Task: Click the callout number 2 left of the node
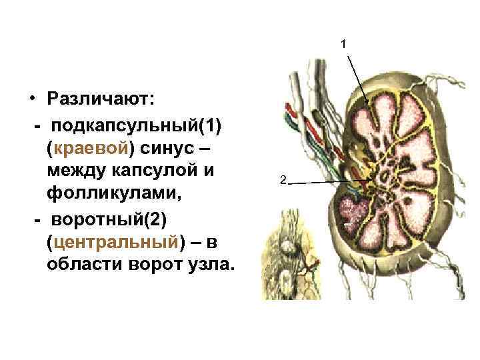[283, 180]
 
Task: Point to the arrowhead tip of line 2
[371, 180]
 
